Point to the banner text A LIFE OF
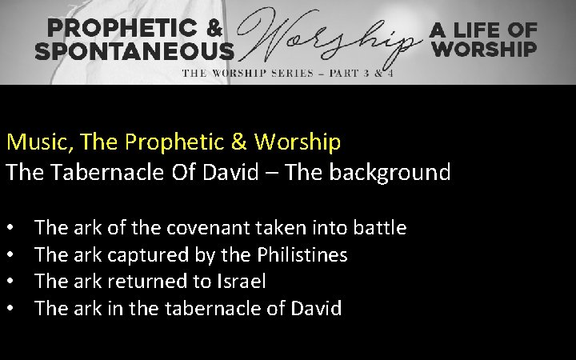[483, 30]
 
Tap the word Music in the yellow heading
[30, 142]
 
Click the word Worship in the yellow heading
[298, 142]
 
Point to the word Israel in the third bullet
[241, 282]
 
